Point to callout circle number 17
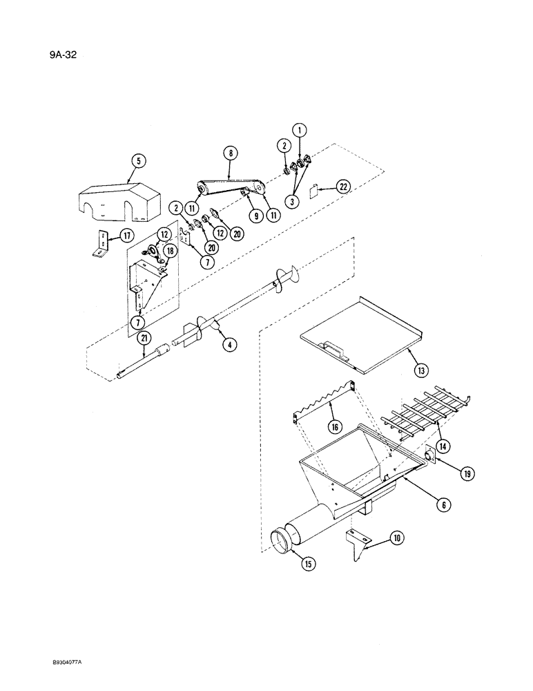[x=126, y=236]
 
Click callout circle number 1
[x=299, y=129]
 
